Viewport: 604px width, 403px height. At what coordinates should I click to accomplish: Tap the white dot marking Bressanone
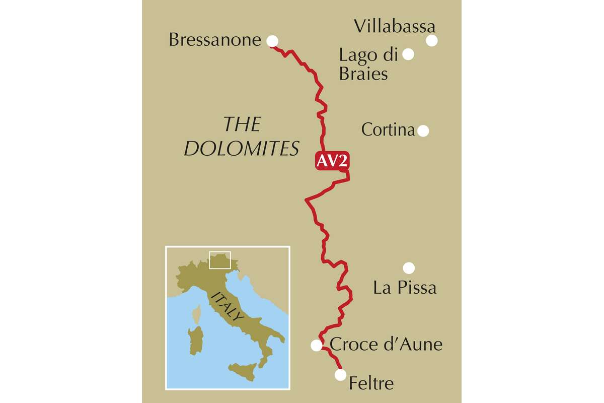[272, 41]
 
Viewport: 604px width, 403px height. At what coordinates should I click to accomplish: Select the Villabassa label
[395, 26]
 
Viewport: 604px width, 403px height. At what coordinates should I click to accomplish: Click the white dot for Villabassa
[432, 41]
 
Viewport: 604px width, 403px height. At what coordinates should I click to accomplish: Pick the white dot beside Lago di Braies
[408, 54]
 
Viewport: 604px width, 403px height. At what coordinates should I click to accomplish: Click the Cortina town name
[388, 130]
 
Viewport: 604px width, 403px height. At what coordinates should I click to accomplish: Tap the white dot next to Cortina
[423, 131]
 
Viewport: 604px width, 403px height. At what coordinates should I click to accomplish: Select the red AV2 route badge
[332, 161]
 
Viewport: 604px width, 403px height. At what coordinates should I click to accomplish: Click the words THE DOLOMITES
[242, 137]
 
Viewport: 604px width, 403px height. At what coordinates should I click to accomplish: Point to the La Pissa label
[405, 288]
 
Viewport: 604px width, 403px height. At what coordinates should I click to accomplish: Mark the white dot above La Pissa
[409, 268]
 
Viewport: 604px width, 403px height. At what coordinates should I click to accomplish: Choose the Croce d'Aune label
[386, 345]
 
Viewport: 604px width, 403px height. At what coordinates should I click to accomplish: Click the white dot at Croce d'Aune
[316, 345]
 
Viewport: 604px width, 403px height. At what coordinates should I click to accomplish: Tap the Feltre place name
[371, 384]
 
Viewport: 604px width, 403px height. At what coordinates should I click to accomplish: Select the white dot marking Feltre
[341, 375]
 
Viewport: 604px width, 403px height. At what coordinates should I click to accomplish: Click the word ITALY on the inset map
[228, 307]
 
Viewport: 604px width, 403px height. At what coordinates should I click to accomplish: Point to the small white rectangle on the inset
[219, 260]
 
